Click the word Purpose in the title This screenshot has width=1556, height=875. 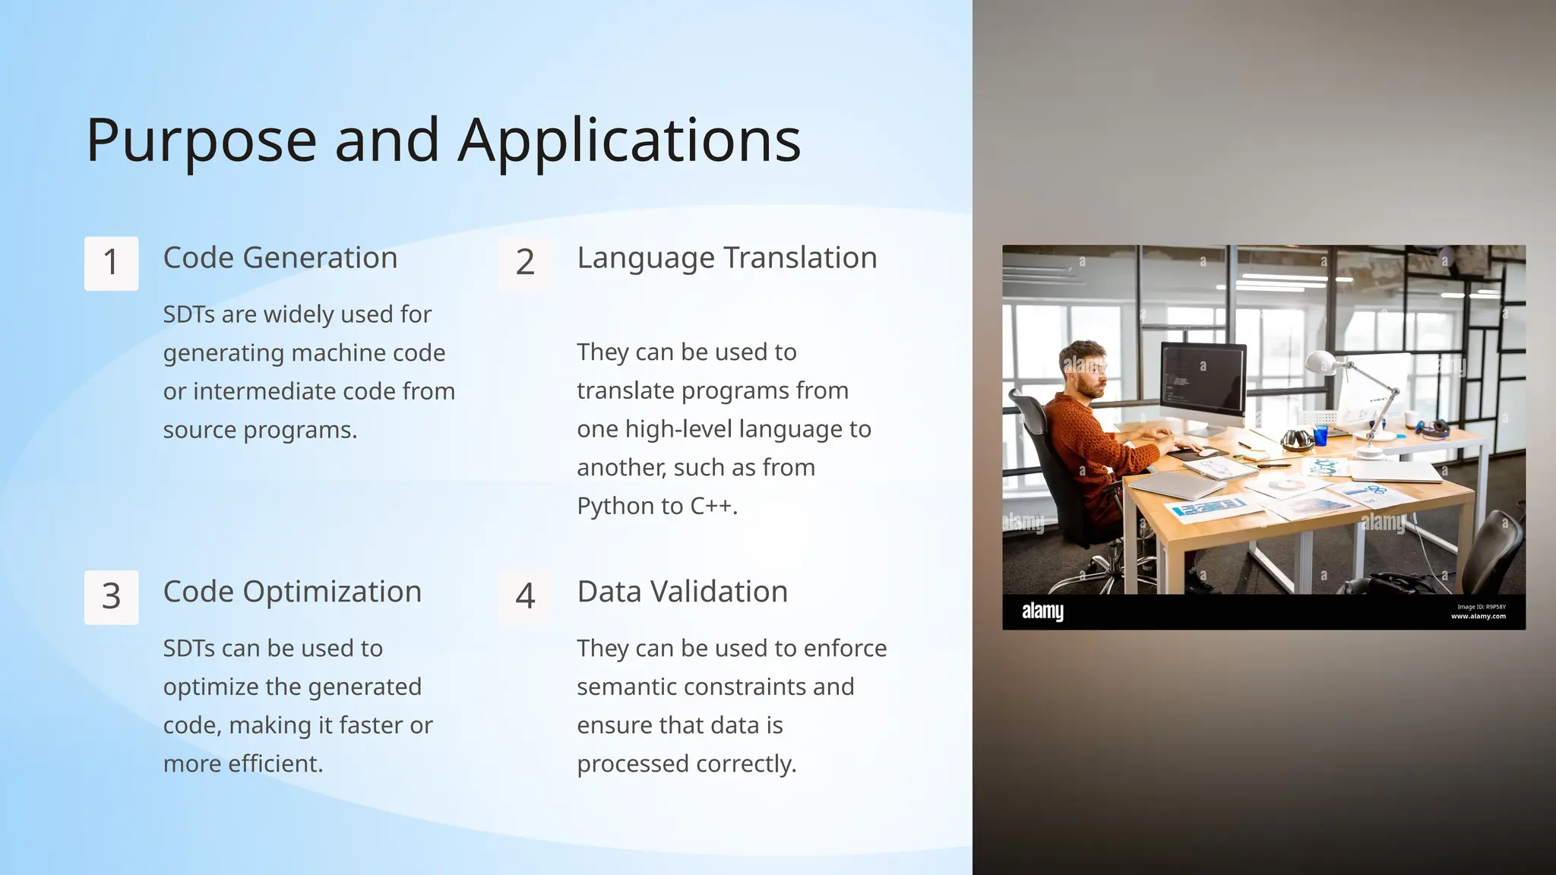[201, 141]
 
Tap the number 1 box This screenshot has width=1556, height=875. [111, 263]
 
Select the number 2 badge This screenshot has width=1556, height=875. [525, 263]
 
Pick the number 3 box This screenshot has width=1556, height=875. [111, 597]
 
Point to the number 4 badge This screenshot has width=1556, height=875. [525, 597]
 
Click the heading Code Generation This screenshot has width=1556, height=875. [280, 258]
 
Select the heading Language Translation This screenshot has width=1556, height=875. [727, 258]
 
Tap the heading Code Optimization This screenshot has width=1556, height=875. [293, 592]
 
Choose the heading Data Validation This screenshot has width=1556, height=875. [682, 592]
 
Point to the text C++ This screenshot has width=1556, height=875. [713, 507]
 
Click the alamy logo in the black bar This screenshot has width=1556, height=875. [1042, 611]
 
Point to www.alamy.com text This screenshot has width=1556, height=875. [1478, 617]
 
